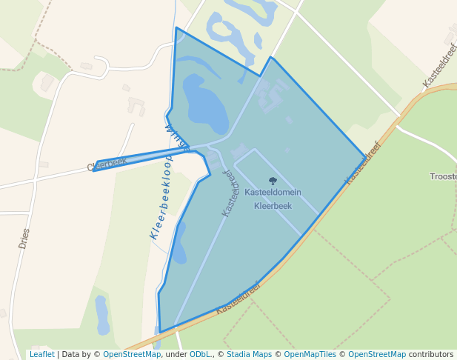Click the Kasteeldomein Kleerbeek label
point(273,199)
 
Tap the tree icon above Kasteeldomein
point(273,180)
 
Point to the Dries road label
point(24,238)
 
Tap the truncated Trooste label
point(443,176)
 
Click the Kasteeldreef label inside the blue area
point(231,191)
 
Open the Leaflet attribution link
point(41,354)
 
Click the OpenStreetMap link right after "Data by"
point(132,354)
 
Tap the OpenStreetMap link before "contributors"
point(376,354)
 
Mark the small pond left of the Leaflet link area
point(102,314)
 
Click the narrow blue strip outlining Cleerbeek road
point(141,159)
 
